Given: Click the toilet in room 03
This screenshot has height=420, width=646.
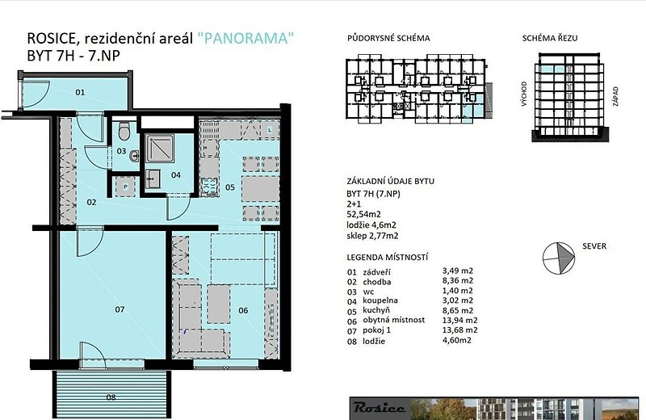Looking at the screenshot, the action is pos(124,130).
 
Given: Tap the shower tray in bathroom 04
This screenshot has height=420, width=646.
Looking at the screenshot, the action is pos(160,148).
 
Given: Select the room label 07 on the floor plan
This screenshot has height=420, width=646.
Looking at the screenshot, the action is pos(120,309).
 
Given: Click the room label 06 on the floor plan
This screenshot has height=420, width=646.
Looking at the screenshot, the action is pos(243,310).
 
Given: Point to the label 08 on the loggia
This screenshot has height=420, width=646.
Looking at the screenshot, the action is pos(111,397).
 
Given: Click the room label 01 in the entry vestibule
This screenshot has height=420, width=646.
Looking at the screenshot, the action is pos(80,92).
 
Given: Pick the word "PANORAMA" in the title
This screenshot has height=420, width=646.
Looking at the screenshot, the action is pos(245,38).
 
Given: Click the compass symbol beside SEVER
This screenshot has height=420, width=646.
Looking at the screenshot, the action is pos(559,258).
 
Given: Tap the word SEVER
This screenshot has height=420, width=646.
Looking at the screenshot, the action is pos(594,246).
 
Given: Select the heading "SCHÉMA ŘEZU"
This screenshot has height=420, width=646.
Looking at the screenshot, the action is pos(550,38).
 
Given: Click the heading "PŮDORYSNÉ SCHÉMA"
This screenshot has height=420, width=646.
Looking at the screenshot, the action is pos(388,38).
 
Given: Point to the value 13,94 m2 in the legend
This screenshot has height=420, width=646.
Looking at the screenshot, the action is pos(459,321).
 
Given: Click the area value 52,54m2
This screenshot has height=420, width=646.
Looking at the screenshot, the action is pos(364,214).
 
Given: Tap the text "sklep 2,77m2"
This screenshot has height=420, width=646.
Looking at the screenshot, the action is pos(372,236).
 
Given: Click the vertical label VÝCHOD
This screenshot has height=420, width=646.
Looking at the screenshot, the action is pos(524,94).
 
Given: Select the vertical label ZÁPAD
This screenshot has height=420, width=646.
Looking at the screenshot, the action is pos(615,96).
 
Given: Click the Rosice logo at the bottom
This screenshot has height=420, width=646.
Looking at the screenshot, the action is pos(380,408).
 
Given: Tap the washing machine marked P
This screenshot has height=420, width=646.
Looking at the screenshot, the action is pos(125,187).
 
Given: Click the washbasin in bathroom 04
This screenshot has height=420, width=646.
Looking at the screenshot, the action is pos(153,178).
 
